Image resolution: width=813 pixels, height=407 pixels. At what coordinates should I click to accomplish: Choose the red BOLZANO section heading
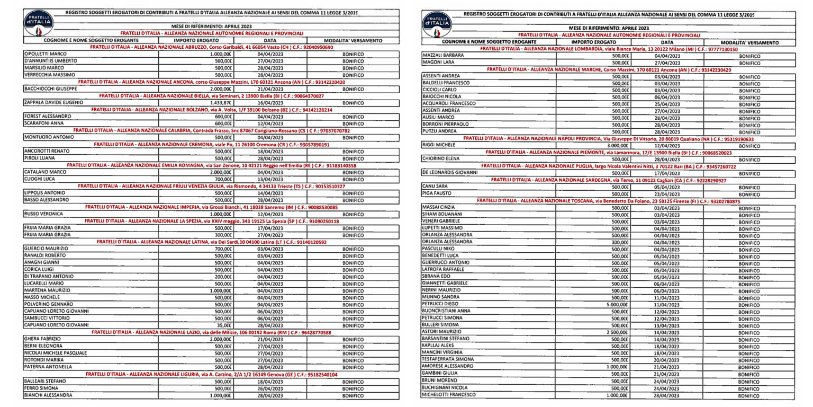click(212, 109)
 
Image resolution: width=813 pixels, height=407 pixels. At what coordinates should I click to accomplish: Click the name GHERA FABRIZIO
click(44, 339)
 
